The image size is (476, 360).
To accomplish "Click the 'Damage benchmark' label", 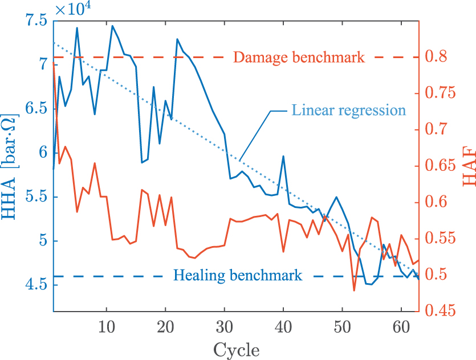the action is [x=299, y=58].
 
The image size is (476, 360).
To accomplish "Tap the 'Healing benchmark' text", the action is [x=238, y=275].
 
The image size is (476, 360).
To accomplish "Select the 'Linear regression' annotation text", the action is [x=348, y=111].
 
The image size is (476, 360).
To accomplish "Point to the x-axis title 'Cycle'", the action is [x=236, y=350].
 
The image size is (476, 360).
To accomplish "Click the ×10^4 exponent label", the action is [x=73, y=9].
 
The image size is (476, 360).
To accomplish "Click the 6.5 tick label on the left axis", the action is [x=36, y=109].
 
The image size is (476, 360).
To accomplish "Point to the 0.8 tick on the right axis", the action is [x=436, y=57].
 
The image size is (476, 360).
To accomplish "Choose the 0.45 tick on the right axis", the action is [x=440, y=310].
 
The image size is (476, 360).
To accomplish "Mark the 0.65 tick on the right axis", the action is [x=440, y=166].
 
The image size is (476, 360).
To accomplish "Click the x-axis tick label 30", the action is [x=225, y=327].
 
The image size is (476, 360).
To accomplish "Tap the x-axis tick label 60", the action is [x=401, y=327].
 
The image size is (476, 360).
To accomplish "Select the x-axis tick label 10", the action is [x=106, y=327].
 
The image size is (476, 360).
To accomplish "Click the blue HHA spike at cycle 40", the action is [x=283, y=156].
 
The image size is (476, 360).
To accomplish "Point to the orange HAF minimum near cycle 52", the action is [x=354, y=291].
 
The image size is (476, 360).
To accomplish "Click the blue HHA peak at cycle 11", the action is [x=112, y=26].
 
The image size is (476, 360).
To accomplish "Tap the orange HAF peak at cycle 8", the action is [x=95, y=163].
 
